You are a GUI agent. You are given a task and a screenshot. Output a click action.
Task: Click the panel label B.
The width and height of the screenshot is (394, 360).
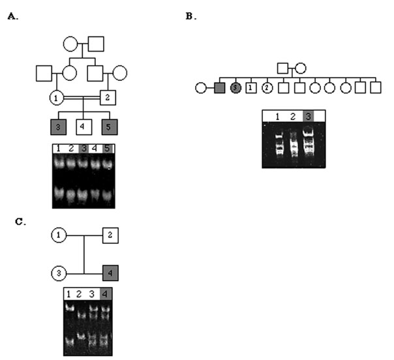190,17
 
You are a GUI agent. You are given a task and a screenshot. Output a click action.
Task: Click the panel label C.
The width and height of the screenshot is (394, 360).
20,222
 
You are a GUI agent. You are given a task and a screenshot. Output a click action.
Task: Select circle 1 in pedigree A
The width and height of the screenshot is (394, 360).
57,98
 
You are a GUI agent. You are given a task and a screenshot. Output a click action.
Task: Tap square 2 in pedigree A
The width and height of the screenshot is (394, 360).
108,98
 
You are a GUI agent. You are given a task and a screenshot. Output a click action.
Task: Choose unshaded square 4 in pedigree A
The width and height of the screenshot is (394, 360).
82,125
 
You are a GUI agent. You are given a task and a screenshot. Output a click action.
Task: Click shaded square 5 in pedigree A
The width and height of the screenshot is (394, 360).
108,125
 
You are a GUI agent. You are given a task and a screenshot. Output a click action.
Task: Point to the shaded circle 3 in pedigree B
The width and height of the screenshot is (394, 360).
235,87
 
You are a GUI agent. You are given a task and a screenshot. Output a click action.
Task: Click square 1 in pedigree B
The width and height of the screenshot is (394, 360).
251,87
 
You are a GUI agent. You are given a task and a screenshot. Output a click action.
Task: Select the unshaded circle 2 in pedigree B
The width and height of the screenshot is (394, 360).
267,87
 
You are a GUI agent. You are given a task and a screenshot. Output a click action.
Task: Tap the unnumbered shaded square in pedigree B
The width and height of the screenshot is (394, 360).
220,87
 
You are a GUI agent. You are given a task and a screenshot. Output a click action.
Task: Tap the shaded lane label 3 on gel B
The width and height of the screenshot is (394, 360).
309,115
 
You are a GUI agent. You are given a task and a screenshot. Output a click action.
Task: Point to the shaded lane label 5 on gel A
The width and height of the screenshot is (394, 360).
108,148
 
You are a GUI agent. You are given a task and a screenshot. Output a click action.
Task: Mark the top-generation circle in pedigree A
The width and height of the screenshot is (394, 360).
70,44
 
